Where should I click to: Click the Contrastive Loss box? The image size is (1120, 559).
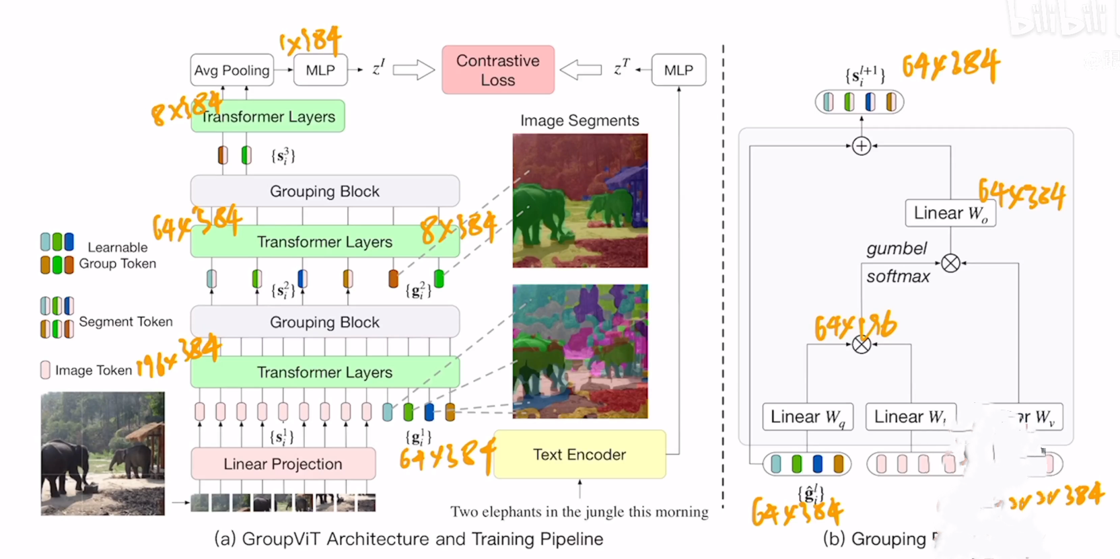pyautogui.click(x=498, y=70)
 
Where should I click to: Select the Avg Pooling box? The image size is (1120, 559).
pyautogui.click(x=232, y=71)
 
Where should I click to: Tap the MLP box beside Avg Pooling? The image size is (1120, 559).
pyautogui.click(x=320, y=71)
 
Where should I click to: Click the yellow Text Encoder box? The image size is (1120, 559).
pyautogui.click(x=580, y=455)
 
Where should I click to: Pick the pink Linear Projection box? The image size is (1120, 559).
pyautogui.click(x=283, y=464)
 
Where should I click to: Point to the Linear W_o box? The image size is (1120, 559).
pyautogui.click(x=950, y=213)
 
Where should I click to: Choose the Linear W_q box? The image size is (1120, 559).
pyautogui.click(x=807, y=417)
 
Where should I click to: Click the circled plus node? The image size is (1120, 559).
pyautogui.click(x=862, y=146)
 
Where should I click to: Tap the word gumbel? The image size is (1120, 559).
pyautogui.click(x=897, y=249)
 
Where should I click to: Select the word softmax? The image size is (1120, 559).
pyautogui.click(x=898, y=276)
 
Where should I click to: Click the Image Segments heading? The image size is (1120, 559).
pyautogui.click(x=580, y=120)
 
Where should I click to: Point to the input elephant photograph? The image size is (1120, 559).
pyautogui.click(x=102, y=454)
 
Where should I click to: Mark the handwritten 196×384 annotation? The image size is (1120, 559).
pyautogui.click(x=178, y=357)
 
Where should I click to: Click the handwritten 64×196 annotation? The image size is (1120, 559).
pyautogui.click(x=855, y=326)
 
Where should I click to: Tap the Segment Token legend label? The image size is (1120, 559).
pyautogui.click(x=126, y=322)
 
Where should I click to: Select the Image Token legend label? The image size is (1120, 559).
pyautogui.click(x=94, y=370)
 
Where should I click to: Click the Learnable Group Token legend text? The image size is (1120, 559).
pyautogui.click(x=118, y=256)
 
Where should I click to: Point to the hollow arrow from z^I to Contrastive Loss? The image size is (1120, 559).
pyautogui.click(x=413, y=70)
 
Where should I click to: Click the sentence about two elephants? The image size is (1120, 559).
pyautogui.click(x=580, y=512)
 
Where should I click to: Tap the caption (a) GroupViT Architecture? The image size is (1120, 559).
pyautogui.click(x=409, y=539)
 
